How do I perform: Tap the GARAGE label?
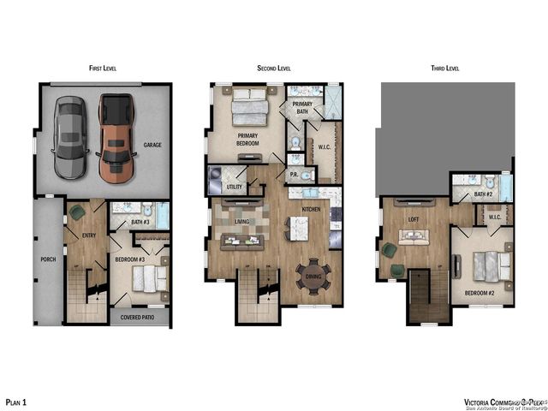click(152, 146)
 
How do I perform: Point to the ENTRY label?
click(88, 235)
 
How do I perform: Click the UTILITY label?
click(234, 187)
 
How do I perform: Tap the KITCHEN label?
click(310, 209)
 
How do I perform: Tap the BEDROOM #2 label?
click(480, 292)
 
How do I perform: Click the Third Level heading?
click(446, 68)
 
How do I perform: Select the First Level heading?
click(104, 68)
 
